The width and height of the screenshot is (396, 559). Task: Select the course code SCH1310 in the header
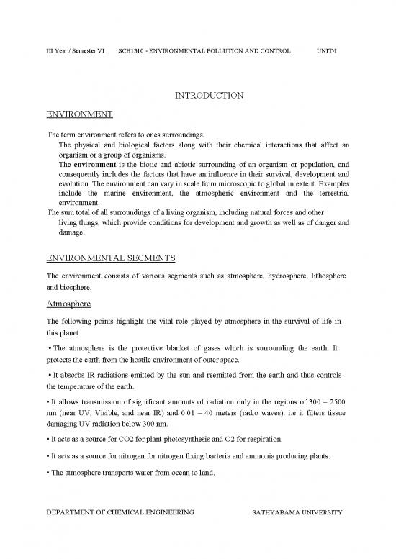[x=132, y=52]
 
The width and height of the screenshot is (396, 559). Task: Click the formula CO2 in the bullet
[x=126, y=438]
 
